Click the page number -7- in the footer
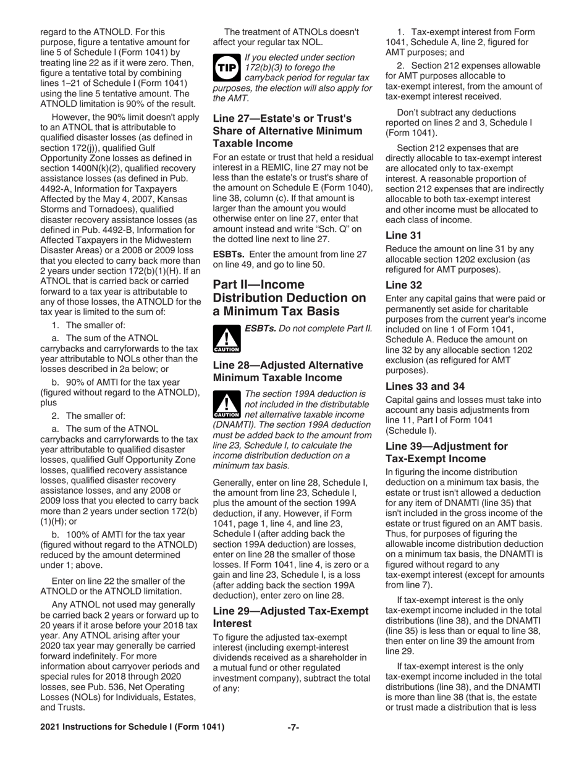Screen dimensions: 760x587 point(293,727)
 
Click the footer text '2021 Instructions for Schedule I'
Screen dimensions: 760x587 point(132,727)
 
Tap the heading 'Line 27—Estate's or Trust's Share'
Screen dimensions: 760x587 point(282,130)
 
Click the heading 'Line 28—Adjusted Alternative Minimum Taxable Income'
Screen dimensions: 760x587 point(287,371)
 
